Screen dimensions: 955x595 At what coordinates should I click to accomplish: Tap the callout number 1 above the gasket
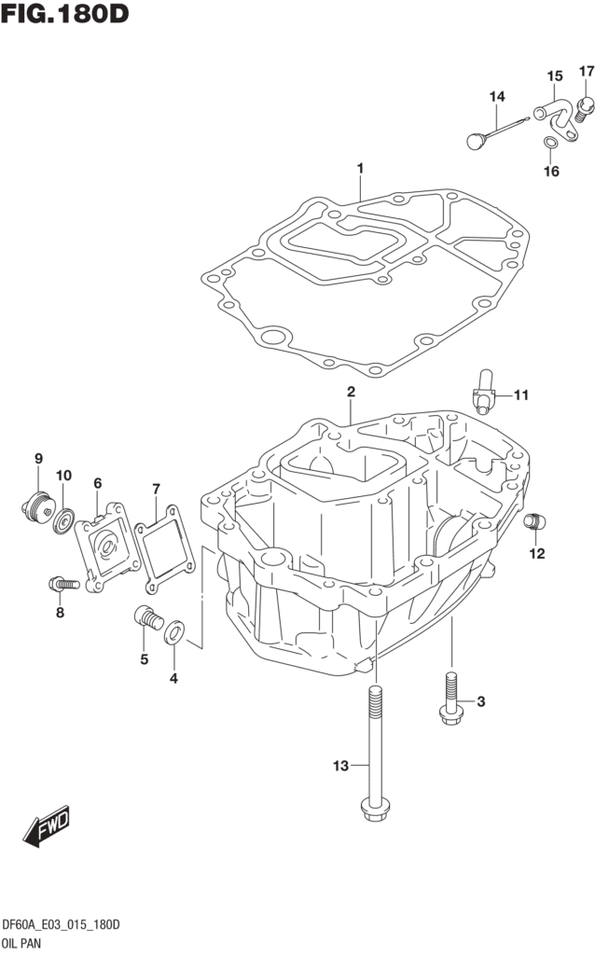359,169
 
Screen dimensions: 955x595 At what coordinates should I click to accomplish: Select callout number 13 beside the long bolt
341,767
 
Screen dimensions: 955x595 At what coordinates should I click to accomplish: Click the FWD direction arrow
47,825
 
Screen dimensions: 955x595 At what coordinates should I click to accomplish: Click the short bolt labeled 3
450,699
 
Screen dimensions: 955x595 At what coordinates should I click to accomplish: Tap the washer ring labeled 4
173,635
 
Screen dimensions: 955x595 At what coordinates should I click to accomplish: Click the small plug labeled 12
534,522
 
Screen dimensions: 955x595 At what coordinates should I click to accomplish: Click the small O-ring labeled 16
550,143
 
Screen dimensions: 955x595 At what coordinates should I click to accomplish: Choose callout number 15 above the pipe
554,76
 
